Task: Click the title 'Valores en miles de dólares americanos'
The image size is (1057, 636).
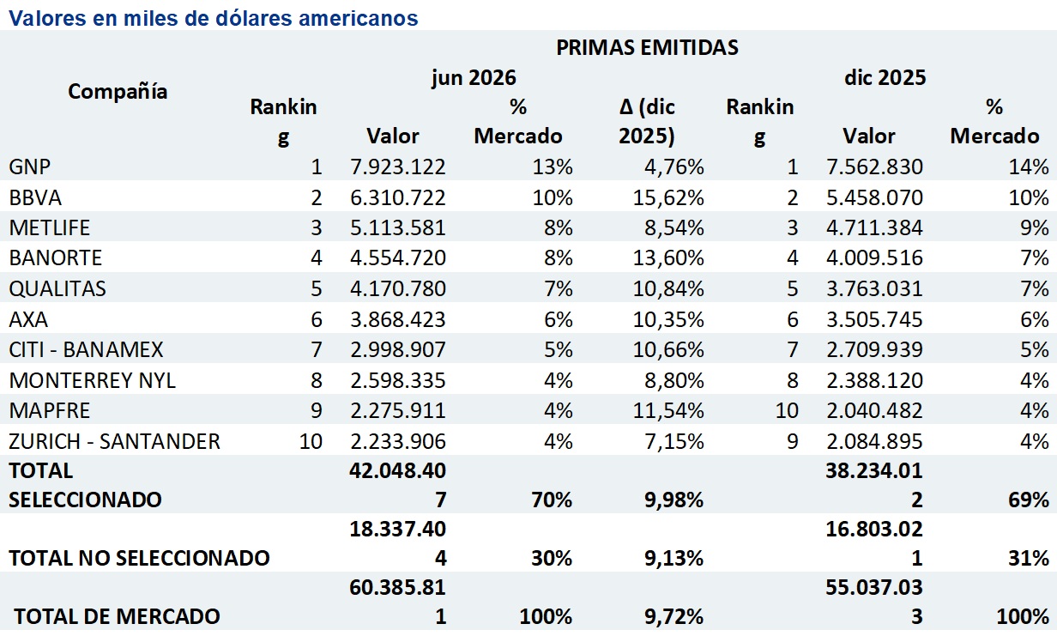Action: coord(214,18)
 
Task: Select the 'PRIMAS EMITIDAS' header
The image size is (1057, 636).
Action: coord(647,47)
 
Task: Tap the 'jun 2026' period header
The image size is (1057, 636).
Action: coord(474,77)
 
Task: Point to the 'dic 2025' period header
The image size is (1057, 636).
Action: coord(885,77)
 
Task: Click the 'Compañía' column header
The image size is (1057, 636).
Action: coord(118,91)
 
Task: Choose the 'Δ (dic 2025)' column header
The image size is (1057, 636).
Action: coord(647,121)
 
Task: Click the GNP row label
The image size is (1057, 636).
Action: coord(30,167)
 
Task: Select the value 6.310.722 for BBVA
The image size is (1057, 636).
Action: coord(398,197)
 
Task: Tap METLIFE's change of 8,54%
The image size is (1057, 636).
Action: coord(674,227)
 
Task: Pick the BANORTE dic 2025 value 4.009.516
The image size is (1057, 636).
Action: coord(874,257)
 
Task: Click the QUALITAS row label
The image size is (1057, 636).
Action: coord(57,288)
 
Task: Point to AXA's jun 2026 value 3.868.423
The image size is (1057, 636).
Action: coord(398,319)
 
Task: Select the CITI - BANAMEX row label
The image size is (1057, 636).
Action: coord(86,350)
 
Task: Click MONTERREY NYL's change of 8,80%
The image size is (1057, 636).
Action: coord(674,380)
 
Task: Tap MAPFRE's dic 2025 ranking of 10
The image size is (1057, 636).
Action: coord(787,411)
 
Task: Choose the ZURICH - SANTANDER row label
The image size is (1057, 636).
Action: coord(115,441)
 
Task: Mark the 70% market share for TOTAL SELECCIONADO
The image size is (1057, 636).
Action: coord(552,500)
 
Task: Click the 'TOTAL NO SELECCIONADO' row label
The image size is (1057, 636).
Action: coord(139,558)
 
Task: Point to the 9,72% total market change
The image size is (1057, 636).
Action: coord(673,616)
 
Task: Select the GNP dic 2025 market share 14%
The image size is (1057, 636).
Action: coord(1029,167)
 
